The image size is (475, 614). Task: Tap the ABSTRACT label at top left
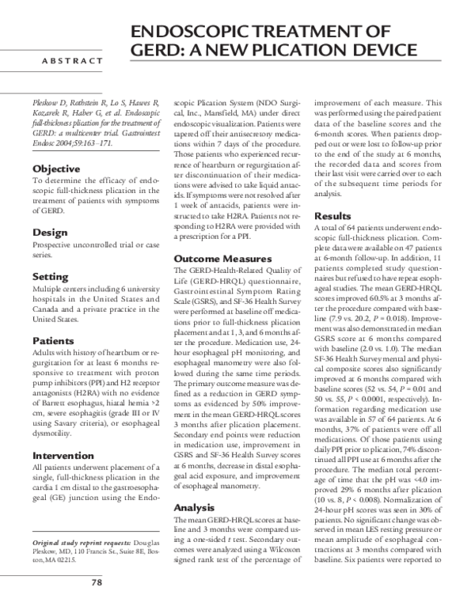point(72,61)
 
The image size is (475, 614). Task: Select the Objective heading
point(56,169)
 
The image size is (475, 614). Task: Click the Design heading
point(48,233)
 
